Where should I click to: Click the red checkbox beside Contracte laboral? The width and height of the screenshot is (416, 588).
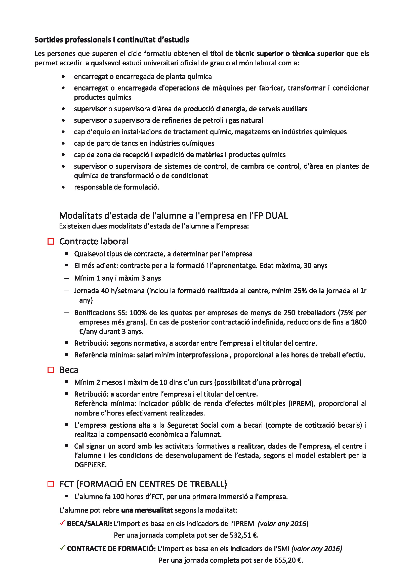(x=51, y=242)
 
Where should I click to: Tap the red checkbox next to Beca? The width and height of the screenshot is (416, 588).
(x=51, y=370)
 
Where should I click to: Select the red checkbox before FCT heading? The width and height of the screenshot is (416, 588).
(x=51, y=484)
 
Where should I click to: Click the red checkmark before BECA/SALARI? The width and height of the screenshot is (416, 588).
(x=62, y=523)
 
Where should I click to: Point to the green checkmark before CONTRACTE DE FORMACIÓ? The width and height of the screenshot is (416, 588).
(x=62, y=548)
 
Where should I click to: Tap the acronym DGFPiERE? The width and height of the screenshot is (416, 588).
(x=91, y=465)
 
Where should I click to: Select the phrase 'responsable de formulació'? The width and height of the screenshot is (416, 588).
(x=116, y=187)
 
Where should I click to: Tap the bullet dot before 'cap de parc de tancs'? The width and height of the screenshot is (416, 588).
(x=63, y=143)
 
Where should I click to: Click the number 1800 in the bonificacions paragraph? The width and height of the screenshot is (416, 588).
(x=359, y=322)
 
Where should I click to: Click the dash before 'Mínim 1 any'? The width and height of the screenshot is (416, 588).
(x=67, y=278)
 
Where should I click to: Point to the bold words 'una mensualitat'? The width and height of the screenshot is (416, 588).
(x=147, y=510)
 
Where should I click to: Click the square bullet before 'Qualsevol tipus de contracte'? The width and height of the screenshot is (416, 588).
(x=66, y=254)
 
